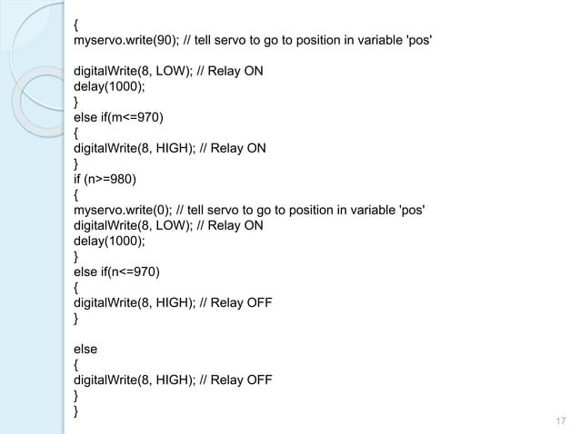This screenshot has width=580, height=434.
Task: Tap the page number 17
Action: (x=556, y=420)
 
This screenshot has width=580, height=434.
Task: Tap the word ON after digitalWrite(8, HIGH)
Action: (x=256, y=149)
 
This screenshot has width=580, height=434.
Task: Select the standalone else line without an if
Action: (x=85, y=348)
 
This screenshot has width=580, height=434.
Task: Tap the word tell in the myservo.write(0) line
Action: (x=196, y=211)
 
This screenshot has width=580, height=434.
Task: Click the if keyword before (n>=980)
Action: (x=78, y=177)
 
